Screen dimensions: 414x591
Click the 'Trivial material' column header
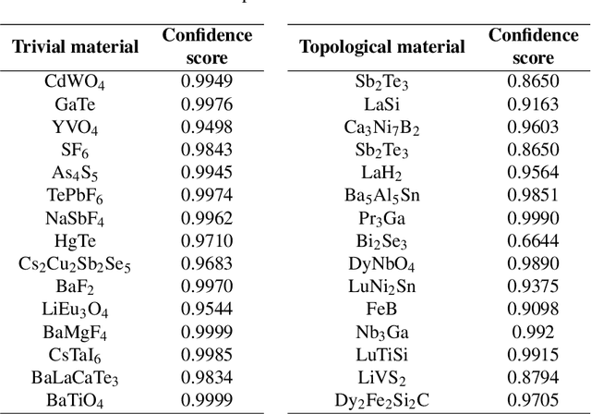[76, 46]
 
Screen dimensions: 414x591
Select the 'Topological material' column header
[382, 46]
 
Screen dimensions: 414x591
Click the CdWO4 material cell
[76, 80]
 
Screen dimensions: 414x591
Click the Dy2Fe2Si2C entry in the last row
[382, 400]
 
